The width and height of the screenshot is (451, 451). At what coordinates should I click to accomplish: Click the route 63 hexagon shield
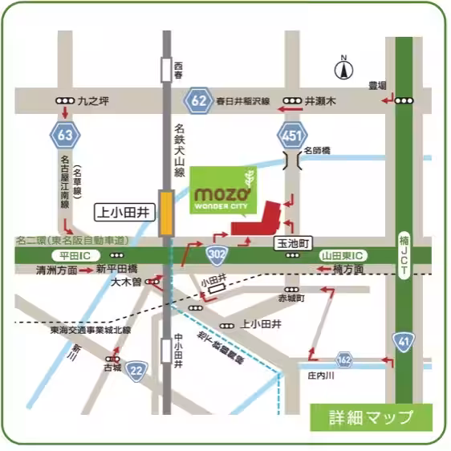pos(66,135)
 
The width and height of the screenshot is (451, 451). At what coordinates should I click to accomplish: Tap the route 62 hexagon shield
pos(198,101)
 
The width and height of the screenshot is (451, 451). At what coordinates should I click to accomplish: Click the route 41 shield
pos(403,343)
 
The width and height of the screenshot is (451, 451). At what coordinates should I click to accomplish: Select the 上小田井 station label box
pos(124,213)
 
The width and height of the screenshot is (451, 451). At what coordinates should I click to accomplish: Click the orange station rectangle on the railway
pos(166,213)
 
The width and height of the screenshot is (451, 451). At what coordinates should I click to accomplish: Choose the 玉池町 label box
pos(294,241)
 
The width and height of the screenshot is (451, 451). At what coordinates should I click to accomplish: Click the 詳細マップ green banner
pos(372,416)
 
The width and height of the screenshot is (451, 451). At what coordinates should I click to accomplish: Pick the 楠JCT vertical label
pos(404,253)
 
